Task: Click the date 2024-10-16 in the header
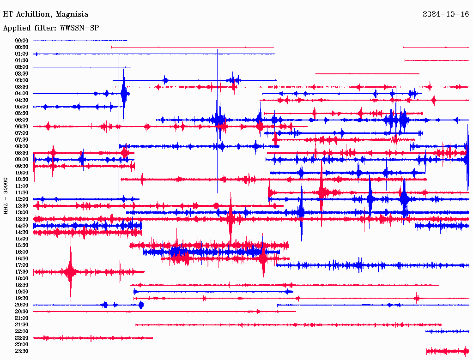[446, 14]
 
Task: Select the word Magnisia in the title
[72, 14]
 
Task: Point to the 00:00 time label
[22, 41]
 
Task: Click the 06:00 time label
[22, 120]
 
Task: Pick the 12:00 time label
[22, 199]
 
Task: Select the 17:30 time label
[22, 272]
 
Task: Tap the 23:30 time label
[22, 351]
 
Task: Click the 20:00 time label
[22, 305]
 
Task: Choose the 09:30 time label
[22, 166]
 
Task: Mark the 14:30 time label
[22, 232]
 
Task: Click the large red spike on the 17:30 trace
[70, 272]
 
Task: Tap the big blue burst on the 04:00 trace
[124, 94]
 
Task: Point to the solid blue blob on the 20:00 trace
[141, 305]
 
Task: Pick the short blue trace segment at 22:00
[447, 331]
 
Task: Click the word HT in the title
[7, 14]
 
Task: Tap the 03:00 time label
[22, 80]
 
